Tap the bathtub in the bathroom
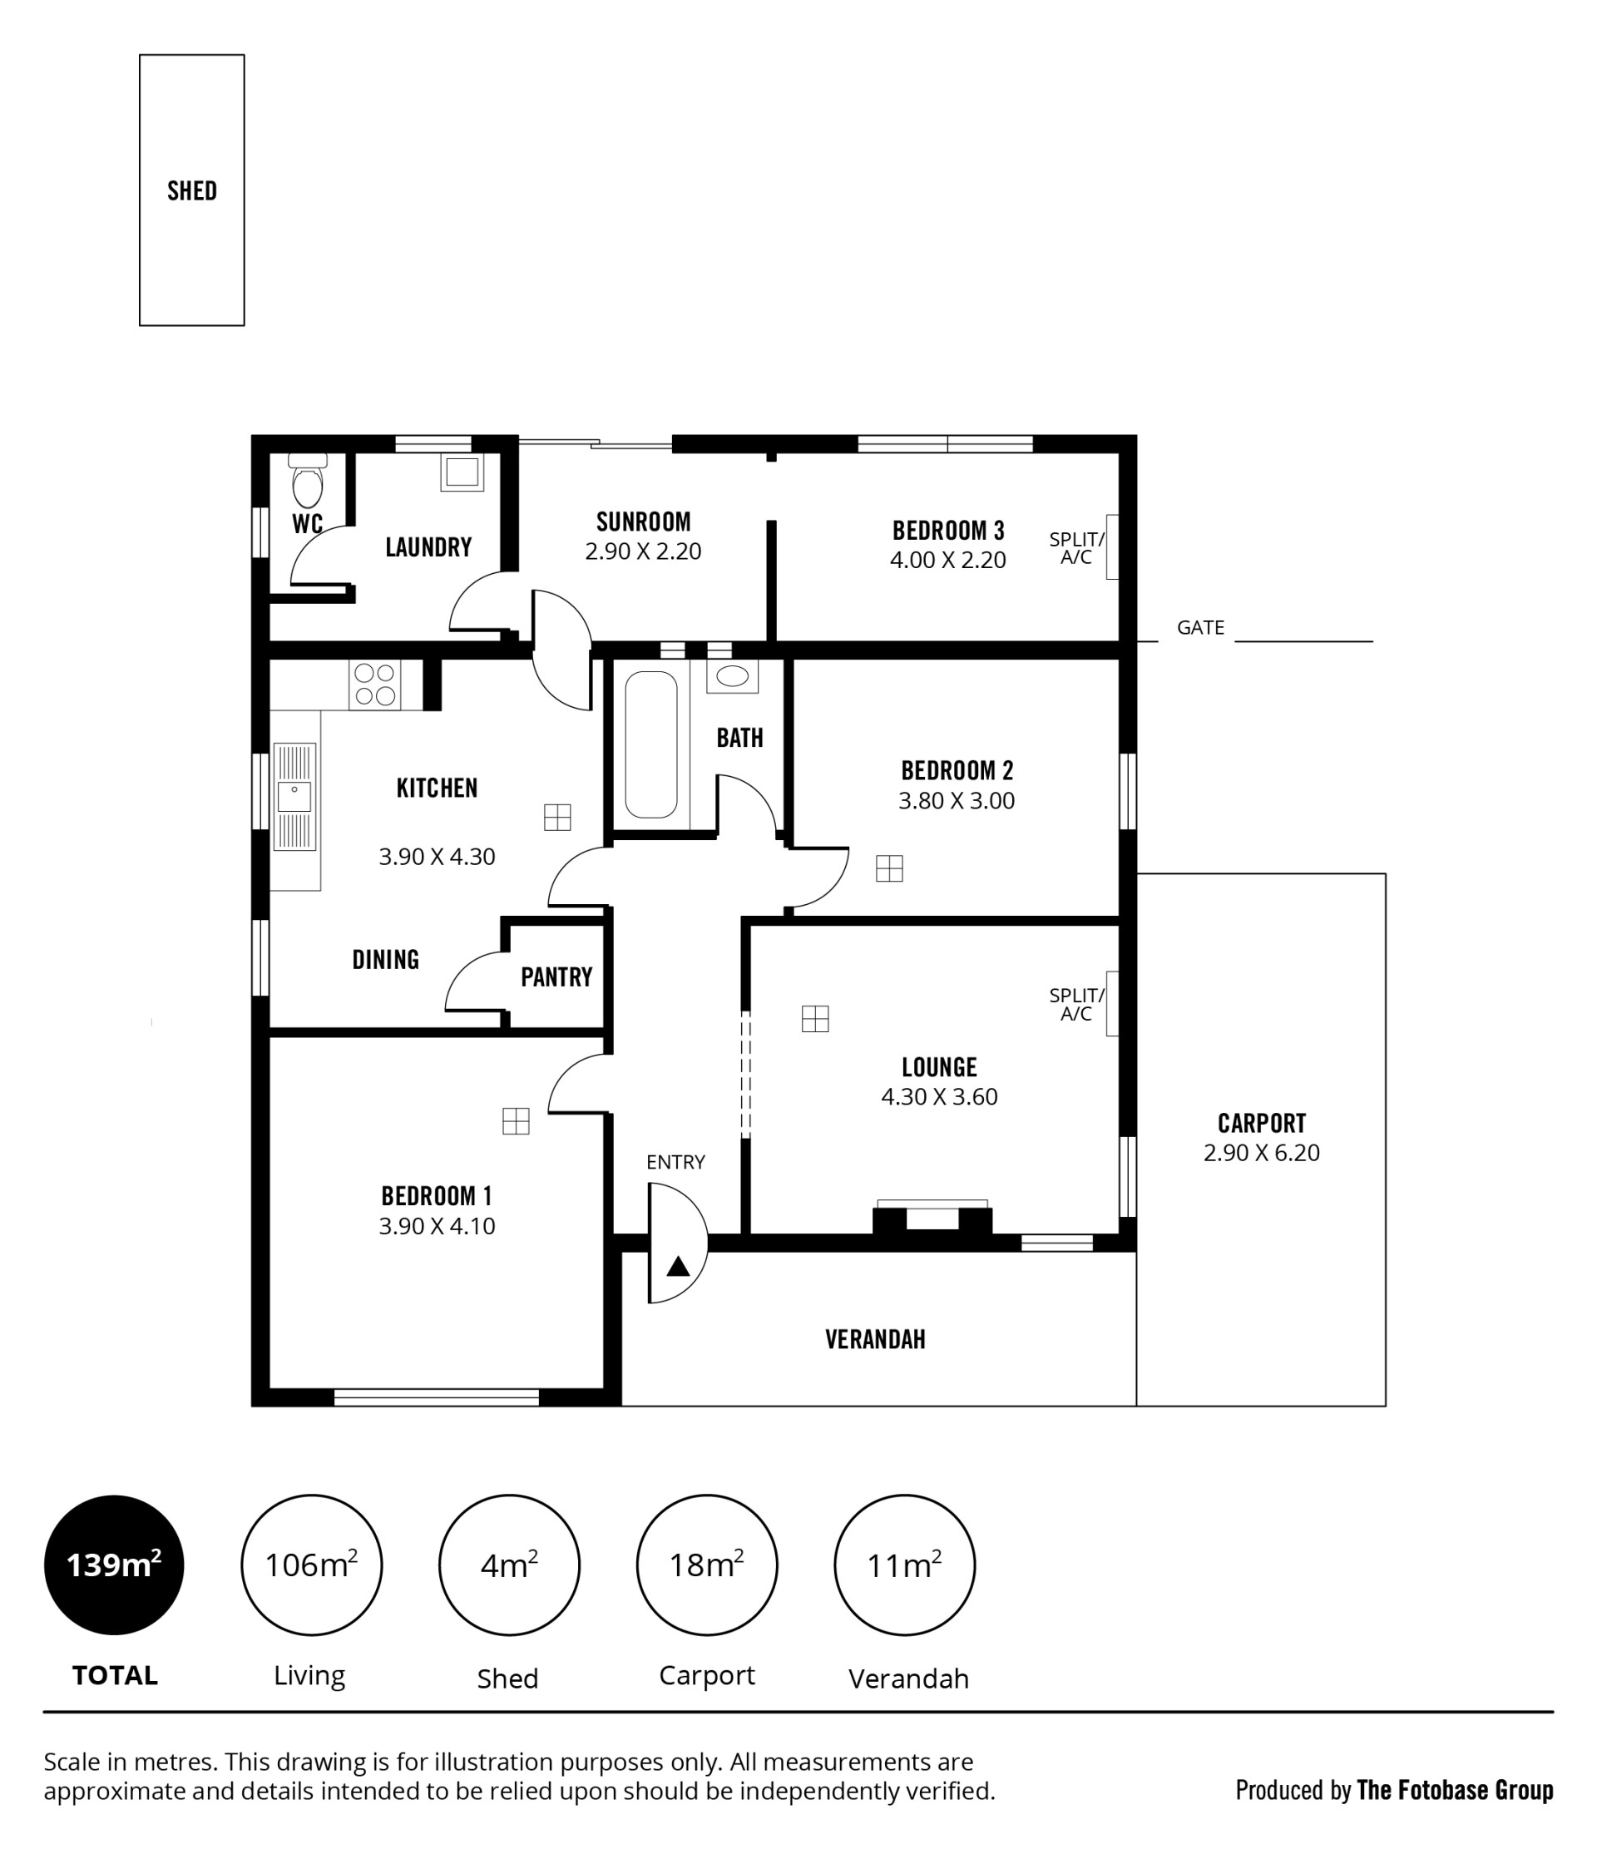click(650, 744)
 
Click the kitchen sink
click(294, 796)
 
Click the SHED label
click(192, 191)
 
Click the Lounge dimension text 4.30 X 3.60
click(939, 1097)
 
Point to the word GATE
click(1200, 627)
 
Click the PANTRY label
click(556, 977)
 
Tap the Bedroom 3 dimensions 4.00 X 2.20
click(947, 561)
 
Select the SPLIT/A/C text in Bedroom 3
click(1077, 548)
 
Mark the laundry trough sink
click(462, 472)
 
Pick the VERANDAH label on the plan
click(875, 1339)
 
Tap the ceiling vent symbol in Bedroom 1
click(516, 1121)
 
